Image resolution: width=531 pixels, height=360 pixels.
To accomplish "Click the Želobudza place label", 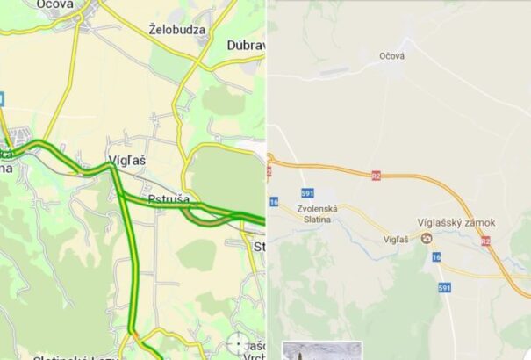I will [177, 29].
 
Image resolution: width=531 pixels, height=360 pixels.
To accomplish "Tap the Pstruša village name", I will [169, 199].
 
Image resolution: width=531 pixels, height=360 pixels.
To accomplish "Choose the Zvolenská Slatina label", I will [317, 213].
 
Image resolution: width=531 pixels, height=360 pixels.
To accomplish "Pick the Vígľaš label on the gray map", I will [397, 238].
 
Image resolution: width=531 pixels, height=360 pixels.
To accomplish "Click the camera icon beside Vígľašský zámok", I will [427, 238].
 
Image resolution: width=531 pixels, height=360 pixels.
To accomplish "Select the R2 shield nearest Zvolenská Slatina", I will [376, 175].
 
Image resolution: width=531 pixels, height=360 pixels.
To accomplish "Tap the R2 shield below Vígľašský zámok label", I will [486, 240].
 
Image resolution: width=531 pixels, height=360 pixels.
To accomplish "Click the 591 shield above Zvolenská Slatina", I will [307, 192].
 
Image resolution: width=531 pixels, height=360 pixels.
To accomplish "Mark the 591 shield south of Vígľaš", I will [445, 287].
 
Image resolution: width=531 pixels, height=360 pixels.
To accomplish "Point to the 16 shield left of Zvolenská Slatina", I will [274, 202].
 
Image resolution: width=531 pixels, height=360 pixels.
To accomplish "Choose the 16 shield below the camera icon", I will [435, 256].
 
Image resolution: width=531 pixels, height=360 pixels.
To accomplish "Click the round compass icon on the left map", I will [238, 343].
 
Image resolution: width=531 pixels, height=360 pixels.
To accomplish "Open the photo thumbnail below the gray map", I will [322, 351].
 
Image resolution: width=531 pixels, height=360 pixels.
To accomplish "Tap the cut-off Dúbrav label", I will [245, 45].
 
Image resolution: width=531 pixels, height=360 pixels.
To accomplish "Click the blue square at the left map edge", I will [2, 99].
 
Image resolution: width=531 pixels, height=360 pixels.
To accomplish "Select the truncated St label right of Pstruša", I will [258, 246].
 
